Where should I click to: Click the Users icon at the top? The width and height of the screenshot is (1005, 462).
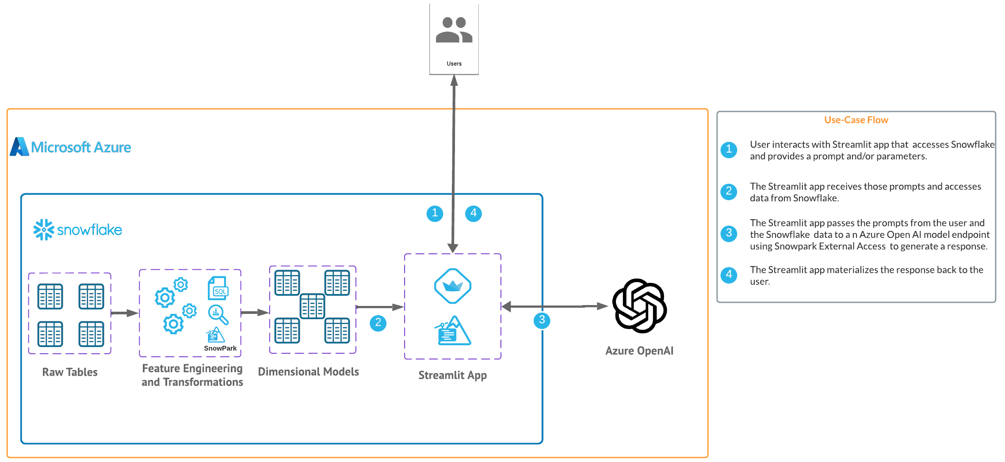pos(454,30)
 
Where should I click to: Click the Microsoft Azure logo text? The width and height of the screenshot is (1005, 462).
pos(81,147)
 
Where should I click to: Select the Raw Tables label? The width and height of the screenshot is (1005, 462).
pos(70,372)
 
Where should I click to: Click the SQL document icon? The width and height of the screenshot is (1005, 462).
pos(218,288)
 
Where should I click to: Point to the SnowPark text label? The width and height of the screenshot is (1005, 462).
pos(220,348)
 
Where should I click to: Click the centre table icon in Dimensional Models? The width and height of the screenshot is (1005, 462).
pos(312,306)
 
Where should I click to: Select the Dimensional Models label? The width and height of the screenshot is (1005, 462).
pos(308,372)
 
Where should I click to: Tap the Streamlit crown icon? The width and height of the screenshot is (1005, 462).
pos(452,286)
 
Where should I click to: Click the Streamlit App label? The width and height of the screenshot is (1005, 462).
pos(452,375)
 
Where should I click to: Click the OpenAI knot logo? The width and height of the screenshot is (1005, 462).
pos(639,306)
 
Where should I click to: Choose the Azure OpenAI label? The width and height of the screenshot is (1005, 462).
pos(639,351)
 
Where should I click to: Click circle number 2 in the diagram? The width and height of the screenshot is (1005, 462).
pos(378,323)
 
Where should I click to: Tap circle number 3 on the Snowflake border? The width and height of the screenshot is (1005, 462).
pos(542,320)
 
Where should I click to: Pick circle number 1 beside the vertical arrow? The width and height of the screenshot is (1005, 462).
pos(435,214)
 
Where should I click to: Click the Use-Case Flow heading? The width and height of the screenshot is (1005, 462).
pos(856,120)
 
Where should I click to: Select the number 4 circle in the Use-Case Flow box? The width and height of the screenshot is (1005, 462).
pos(729,275)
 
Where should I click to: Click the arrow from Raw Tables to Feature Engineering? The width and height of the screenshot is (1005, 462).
pos(125,313)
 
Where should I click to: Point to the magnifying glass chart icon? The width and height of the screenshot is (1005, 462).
pos(218,314)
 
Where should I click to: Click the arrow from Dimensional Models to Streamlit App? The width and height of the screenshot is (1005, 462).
pos(380,307)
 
